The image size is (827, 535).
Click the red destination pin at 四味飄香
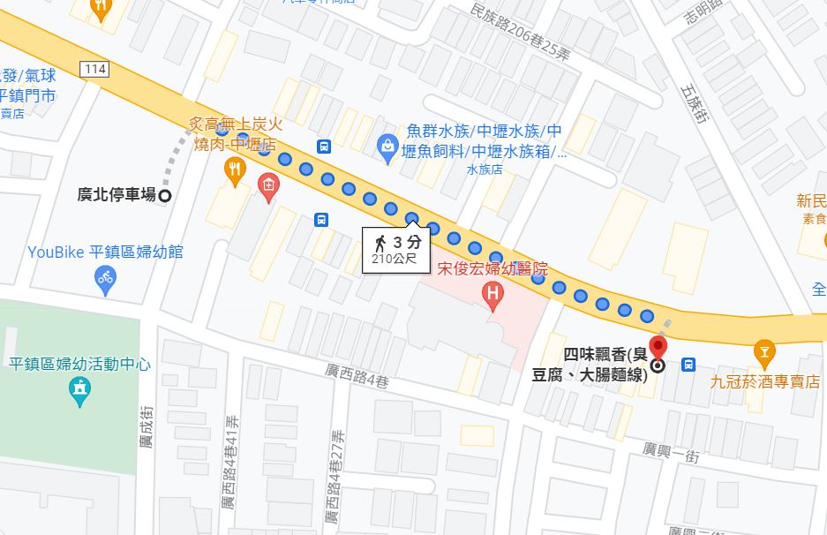click(x=658, y=348)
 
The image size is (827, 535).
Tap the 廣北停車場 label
click(x=117, y=195)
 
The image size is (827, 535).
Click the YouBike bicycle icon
click(x=105, y=281)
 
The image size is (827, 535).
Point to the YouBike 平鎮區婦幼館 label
click(x=105, y=252)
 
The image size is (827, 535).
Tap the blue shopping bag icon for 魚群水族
click(x=387, y=146)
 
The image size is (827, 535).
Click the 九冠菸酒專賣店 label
click(x=764, y=382)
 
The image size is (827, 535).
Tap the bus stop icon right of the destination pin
click(x=688, y=364)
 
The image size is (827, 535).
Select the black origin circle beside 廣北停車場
click(x=164, y=195)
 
